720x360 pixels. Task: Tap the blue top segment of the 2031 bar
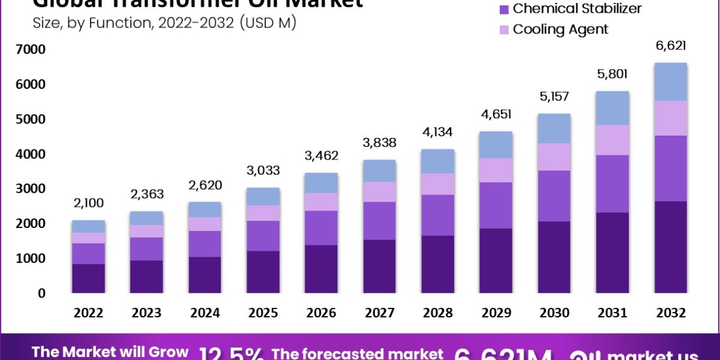pyautogui.click(x=612, y=108)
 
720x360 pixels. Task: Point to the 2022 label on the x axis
pyautogui.click(x=88, y=313)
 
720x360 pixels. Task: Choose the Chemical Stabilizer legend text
pyautogui.click(x=577, y=8)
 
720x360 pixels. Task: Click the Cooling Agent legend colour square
pyautogui.click(x=503, y=29)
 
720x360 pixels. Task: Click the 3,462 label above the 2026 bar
pyautogui.click(x=322, y=156)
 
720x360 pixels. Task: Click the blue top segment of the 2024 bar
pyautogui.click(x=204, y=209)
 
